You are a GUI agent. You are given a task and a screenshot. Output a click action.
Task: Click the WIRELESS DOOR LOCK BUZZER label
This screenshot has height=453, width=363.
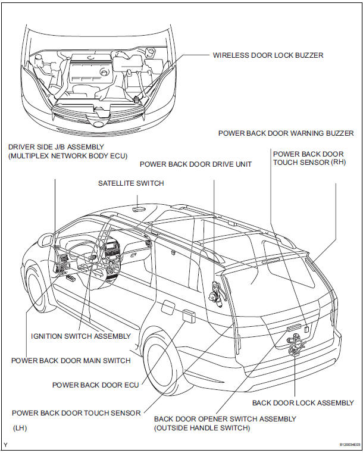pos(268,55)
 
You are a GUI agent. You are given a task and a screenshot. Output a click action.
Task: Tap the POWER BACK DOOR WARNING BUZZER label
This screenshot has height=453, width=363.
pos(286,133)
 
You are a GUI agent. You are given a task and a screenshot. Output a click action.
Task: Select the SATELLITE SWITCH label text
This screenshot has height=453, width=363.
pos(131,183)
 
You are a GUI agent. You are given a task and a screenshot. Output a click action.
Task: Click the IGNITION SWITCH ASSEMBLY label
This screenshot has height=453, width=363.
pos(80,336)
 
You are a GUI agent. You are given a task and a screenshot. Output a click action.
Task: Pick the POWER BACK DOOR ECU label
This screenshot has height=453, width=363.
pos(95,385)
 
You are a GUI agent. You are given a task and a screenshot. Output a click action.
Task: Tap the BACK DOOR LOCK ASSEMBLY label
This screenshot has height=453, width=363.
pos(303,403)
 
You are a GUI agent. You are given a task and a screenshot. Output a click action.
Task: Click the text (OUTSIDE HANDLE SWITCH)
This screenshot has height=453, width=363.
pos(202,428)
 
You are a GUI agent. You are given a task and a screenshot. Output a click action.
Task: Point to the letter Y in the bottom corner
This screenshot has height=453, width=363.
pos(5,445)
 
